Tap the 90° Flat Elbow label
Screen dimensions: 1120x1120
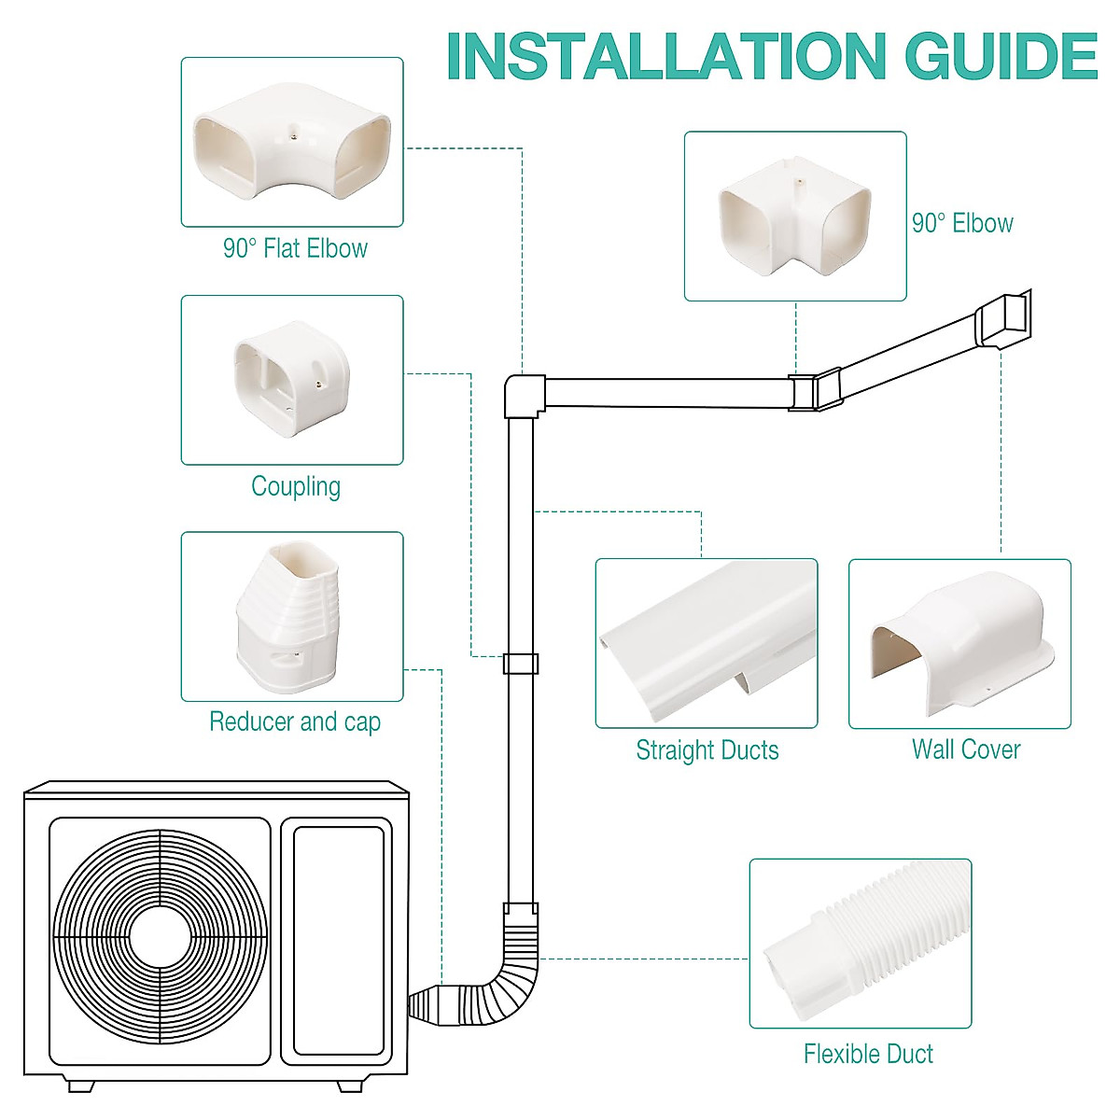click(295, 248)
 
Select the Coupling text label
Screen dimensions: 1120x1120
click(296, 486)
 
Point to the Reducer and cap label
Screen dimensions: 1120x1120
click(295, 721)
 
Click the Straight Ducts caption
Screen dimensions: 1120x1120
click(707, 750)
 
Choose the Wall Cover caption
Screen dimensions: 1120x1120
click(965, 749)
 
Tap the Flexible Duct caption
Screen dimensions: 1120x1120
click(868, 1054)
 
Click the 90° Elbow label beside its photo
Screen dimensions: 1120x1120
click(962, 223)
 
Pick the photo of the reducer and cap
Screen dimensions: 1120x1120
click(292, 617)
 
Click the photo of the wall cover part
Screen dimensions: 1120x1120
click(959, 644)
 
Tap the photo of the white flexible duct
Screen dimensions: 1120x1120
click(861, 944)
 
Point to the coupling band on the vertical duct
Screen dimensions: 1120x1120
click(520, 664)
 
